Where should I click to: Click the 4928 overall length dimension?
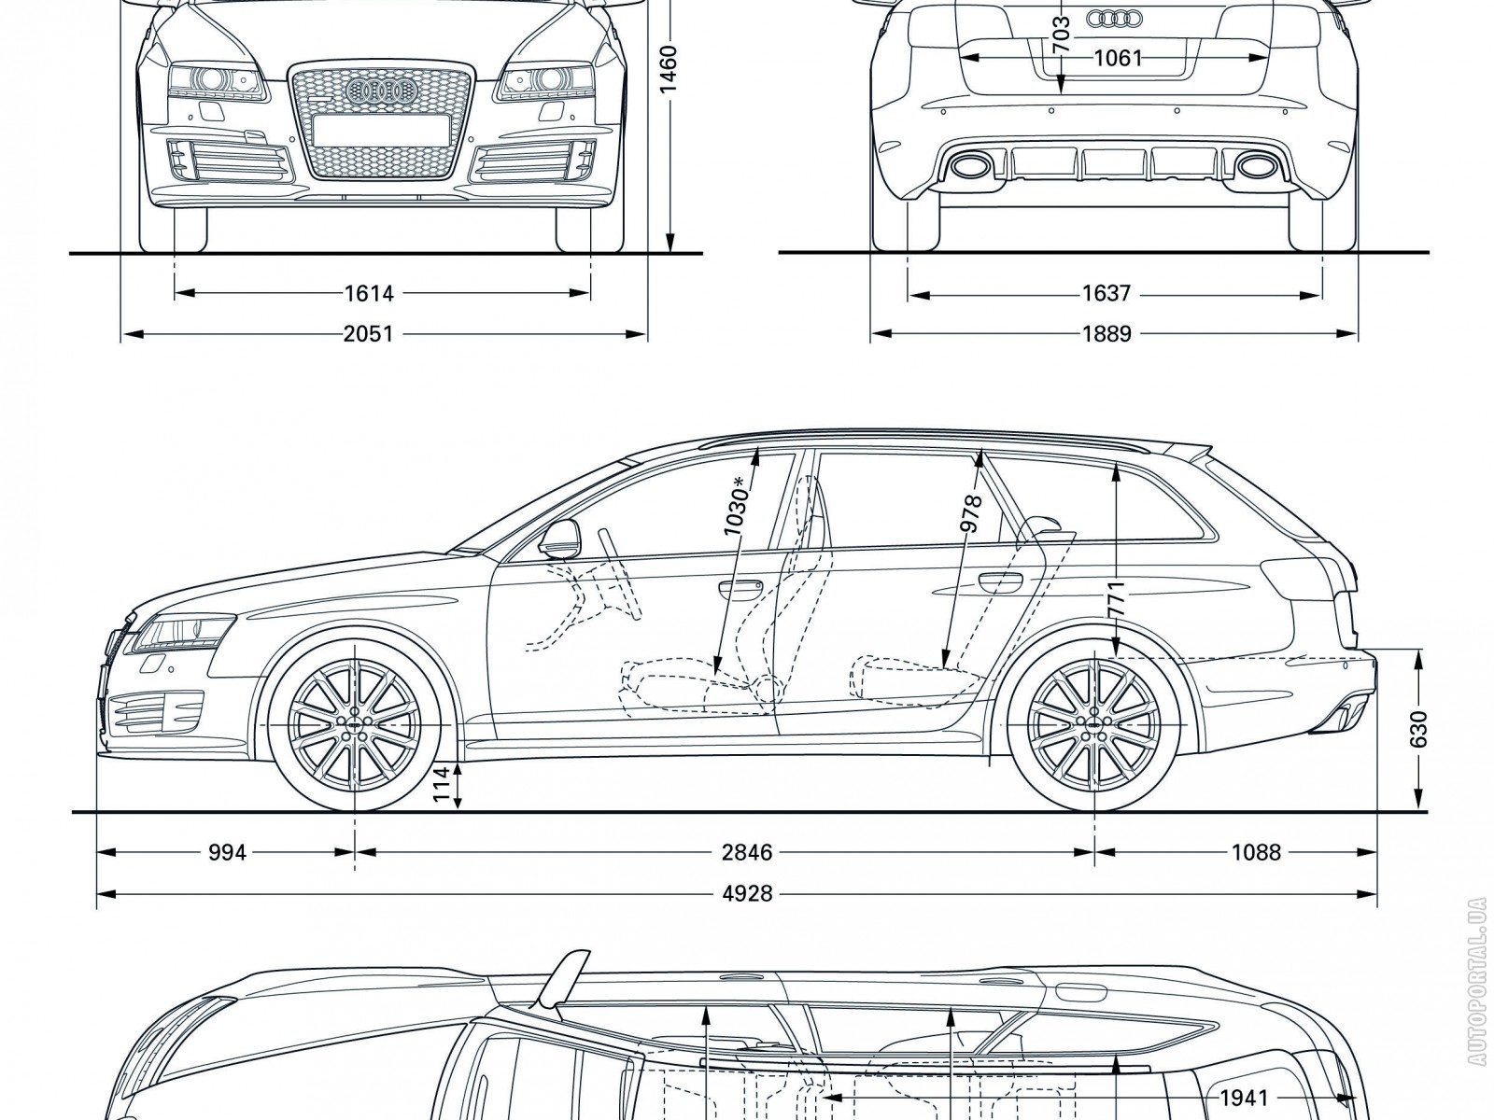point(748,894)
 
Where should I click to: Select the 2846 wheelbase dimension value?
point(748,852)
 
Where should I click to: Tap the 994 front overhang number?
point(227,852)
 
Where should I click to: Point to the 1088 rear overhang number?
point(1255,852)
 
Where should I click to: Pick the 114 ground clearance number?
point(442,787)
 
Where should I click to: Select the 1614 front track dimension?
point(368,294)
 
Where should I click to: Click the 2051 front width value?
point(368,333)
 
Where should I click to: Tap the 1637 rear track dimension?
point(1106,294)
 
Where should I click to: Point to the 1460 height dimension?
point(668,70)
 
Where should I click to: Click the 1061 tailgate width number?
point(1117,58)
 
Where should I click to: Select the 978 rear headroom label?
point(971,514)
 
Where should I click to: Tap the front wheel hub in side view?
point(355,725)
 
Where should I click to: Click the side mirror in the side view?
point(559,539)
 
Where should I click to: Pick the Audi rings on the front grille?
point(380,90)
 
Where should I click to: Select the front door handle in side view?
point(740,587)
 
